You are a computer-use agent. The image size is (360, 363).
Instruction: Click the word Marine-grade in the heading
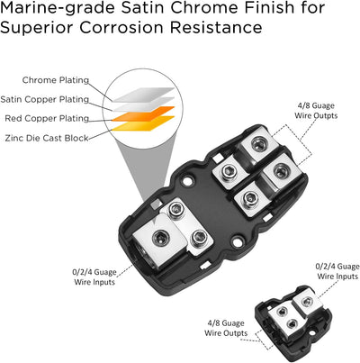(58, 8)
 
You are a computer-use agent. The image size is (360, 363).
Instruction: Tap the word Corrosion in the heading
(122, 28)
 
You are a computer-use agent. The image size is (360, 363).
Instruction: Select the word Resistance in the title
(216, 28)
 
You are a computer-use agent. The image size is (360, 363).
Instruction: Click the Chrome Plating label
(56, 80)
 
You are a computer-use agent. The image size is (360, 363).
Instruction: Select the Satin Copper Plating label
(45, 99)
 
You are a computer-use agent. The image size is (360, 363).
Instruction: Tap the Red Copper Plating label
(47, 119)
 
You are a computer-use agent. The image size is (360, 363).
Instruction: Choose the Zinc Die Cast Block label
(47, 138)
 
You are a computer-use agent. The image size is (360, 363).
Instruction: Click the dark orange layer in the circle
(143, 113)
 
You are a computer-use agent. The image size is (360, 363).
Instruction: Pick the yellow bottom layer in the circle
(143, 123)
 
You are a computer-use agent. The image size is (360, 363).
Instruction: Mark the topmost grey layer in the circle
(143, 95)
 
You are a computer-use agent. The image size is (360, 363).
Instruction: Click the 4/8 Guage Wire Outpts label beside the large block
(316, 111)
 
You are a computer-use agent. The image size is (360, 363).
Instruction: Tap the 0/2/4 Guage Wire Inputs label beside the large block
(94, 277)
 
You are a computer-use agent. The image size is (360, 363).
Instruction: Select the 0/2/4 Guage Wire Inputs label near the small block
(337, 271)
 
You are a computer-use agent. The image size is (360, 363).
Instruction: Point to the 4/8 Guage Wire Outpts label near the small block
(226, 328)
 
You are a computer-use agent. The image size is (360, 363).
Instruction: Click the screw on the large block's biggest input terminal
(158, 239)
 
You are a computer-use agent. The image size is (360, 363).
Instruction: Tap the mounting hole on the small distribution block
(312, 333)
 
